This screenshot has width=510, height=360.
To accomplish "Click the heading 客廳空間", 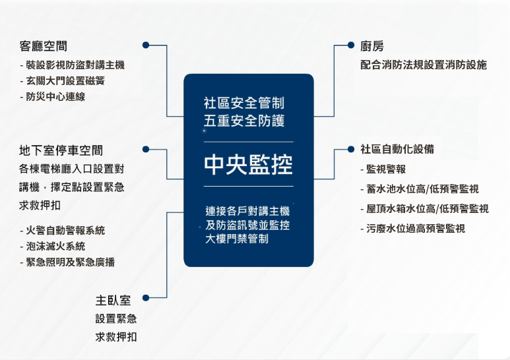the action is point(44,46).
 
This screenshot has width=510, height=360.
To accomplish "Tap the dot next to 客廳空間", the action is point(146,45).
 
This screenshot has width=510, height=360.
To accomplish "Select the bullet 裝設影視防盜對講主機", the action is point(72,65).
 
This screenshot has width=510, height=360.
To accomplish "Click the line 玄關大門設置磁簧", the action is point(63,80).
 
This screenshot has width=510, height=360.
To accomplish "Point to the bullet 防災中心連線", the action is point(52,96).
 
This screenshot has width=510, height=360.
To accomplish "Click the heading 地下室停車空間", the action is point(61,150).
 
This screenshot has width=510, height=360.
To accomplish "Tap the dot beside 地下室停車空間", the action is point(146,149).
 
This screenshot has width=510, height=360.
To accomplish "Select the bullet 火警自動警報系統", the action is point(63,230).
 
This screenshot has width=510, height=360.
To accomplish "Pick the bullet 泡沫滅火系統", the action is point(52,246).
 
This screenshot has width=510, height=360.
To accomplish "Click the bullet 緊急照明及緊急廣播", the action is point(67,262).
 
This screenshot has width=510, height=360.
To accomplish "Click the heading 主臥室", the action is point(113,300).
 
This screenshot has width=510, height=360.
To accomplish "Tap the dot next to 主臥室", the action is point(146,297).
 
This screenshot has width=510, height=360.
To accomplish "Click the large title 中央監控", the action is point(249,164).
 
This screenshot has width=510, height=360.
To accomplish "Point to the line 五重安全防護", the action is point(244,121).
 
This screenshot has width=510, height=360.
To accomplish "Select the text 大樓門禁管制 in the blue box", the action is point(237,239).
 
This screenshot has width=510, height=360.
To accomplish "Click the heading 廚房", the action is point(372,46).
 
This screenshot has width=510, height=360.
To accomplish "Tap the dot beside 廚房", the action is point(350,45).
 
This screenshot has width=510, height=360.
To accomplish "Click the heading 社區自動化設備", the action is point(397,149).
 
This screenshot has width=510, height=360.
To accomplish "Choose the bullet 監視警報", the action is point(383,169).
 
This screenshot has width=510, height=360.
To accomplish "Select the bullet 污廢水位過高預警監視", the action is point(413,228).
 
